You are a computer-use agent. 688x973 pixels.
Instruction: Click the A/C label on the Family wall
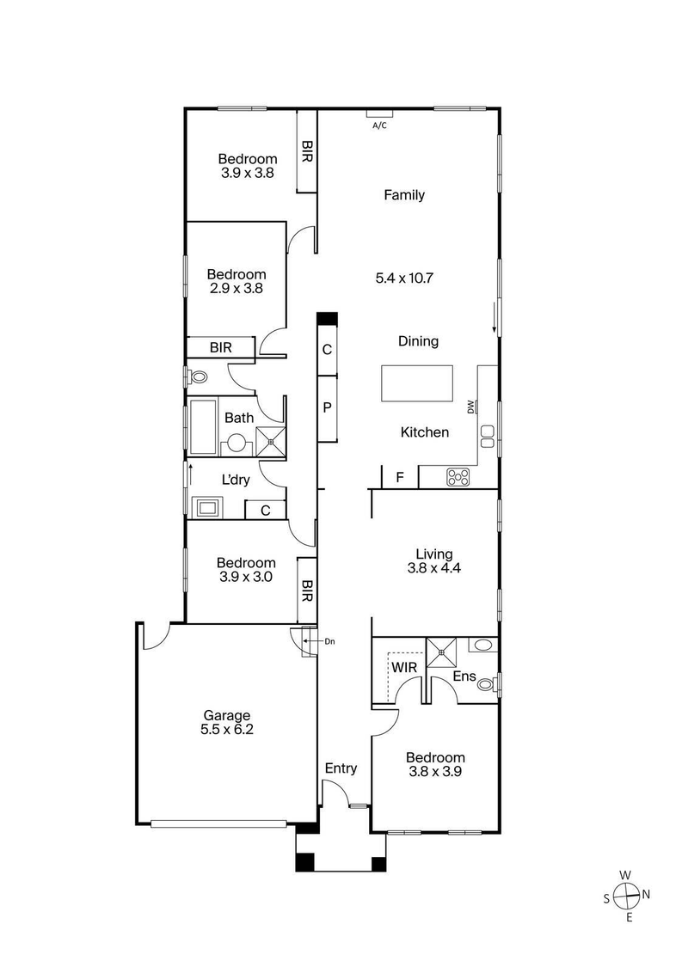point(379,125)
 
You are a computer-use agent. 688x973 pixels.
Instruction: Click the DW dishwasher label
point(470,407)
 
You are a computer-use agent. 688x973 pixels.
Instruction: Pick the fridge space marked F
point(399,477)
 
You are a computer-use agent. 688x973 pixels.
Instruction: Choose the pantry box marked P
point(327,408)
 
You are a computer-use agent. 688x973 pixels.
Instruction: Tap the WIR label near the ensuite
point(404,667)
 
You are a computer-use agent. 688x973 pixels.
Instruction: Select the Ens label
point(464,677)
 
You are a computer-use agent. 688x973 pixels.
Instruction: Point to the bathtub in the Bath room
point(204,426)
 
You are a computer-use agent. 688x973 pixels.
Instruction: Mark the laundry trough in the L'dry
point(206,507)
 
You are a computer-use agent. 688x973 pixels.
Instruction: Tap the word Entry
point(341,768)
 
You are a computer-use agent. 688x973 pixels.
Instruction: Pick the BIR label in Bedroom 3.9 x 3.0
point(307,591)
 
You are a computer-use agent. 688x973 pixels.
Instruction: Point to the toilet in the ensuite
point(487,685)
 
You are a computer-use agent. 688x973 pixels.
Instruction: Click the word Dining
point(418,341)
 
